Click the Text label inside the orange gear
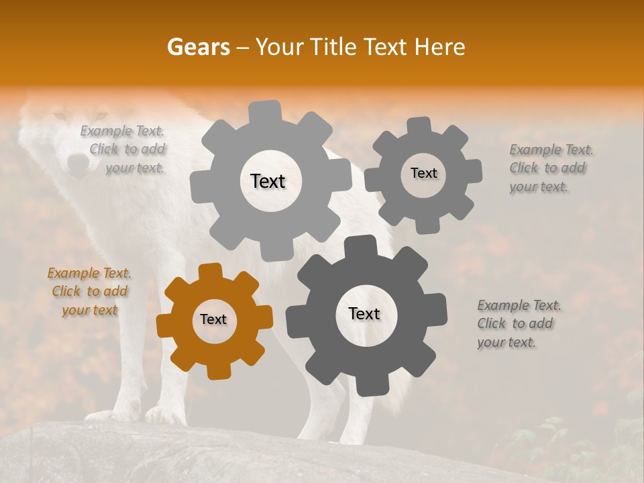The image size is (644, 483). coord(213,320)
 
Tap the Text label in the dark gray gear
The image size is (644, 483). coord(364,314)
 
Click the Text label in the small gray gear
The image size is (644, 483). coord(424,173)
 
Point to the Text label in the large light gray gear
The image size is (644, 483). coord(268,181)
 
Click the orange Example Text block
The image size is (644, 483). coord(90,292)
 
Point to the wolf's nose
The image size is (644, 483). coord(78,163)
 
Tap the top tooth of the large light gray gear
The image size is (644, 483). coord(265,110)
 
